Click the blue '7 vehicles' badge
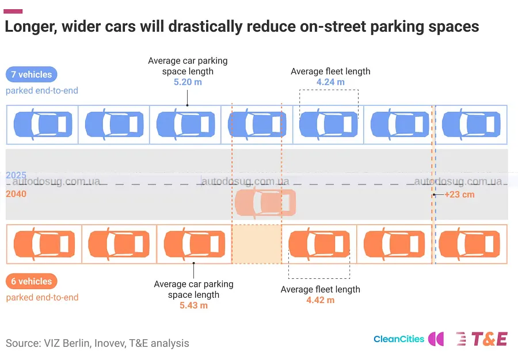[x=32, y=74]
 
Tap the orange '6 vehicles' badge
[x=32, y=281]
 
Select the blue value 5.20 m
[x=188, y=82]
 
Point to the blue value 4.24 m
[x=330, y=82]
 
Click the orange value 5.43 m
[x=193, y=305]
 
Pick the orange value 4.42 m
[x=321, y=300]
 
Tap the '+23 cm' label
[x=459, y=194]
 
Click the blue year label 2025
[x=16, y=175]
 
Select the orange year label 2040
[x=16, y=194]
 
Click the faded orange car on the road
[x=265, y=203]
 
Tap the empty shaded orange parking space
[x=257, y=244]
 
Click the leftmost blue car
[x=43, y=124]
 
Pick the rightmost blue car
[x=471, y=124]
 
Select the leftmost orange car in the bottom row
[x=44, y=244]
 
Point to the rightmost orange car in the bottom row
[x=470, y=244]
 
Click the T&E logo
[x=482, y=339]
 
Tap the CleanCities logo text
[x=399, y=339]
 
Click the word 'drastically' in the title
[x=205, y=26]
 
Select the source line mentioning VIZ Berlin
[x=97, y=343]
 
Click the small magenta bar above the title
[x=13, y=12]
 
